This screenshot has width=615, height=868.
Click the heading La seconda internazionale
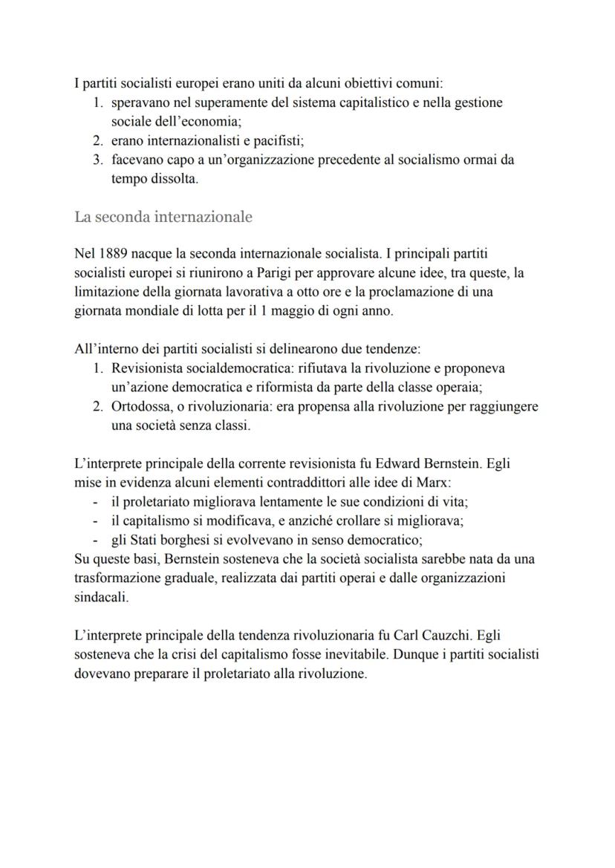point(163,217)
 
